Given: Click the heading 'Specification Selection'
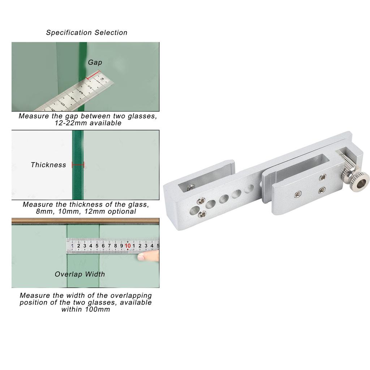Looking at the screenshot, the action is point(87,33).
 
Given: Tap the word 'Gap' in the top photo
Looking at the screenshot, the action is point(95,62).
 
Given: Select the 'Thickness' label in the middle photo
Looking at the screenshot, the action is point(48,165).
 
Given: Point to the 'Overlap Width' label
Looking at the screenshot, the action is point(80,274).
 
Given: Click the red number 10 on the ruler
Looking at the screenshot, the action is point(128,246).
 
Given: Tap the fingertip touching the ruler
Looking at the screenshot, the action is point(148,255).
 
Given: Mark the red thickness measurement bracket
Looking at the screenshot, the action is point(78,165).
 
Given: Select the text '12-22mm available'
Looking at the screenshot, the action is point(88,123).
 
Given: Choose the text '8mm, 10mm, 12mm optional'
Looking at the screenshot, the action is point(86,211).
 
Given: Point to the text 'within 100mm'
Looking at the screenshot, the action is point(86,309).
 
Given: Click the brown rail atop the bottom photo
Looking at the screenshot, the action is point(85,221).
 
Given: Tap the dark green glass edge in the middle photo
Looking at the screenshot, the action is point(78,165).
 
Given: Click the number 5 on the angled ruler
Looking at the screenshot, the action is point(63,103).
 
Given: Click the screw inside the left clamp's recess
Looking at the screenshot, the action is point(191,188).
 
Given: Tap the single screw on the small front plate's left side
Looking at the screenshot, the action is point(298,194).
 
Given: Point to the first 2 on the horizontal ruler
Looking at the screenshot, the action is point(78,246).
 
